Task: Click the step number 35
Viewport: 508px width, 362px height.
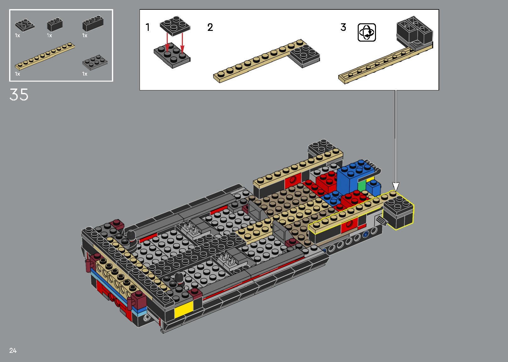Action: point(19,95)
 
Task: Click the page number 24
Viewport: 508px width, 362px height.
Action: point(13,350)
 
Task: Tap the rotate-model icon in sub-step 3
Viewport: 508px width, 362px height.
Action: point(367,32)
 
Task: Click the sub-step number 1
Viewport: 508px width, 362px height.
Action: point(147,27)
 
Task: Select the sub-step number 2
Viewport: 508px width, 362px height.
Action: point(210,27)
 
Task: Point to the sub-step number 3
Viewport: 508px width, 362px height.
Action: point(343,27)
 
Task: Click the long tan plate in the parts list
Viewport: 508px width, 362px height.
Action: point(45,56)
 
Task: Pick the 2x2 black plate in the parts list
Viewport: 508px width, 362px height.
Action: point(25,25)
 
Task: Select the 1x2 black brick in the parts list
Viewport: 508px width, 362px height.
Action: point(55,25)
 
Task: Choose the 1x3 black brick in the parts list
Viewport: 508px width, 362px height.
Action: point(93,23)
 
